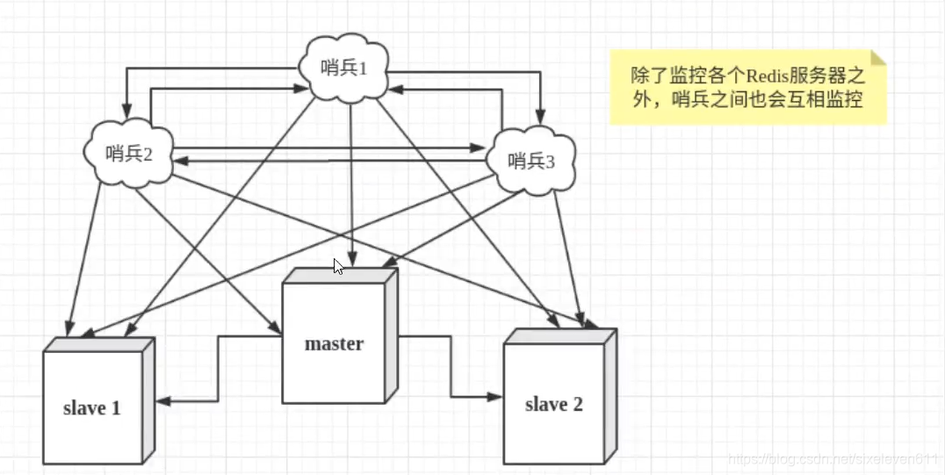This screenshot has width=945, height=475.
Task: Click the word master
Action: pos(334,343)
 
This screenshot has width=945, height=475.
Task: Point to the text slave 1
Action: pos(91,408)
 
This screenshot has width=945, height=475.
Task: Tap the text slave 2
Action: pos(553,405)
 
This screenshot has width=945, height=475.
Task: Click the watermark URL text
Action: pos(834,459)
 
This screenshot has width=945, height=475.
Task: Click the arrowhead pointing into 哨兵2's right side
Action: pos(177,162)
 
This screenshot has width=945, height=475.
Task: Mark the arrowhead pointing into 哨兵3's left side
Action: pos(480,148)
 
